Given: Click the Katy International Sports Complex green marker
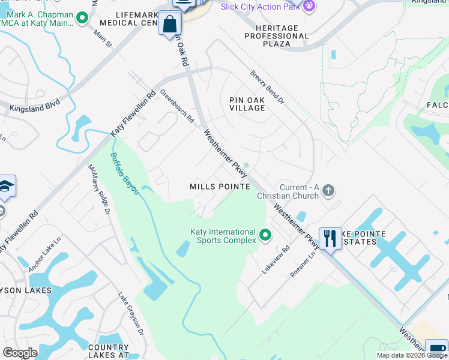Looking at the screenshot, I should coord(265,234).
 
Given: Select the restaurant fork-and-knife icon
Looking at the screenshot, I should coord(330,238).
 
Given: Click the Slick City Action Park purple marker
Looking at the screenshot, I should coord(309,6).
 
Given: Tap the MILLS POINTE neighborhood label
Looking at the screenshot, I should coord(220,187).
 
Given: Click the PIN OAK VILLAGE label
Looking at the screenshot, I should coord(247,104).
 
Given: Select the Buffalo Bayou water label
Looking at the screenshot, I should coord(125,173).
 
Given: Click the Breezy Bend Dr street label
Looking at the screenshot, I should coord(267,88).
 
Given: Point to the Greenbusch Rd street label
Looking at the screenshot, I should coord(177,106).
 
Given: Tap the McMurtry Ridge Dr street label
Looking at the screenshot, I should coord(99,190).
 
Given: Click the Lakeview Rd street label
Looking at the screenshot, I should coord(276,259).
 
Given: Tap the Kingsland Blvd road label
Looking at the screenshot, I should coord(35,108).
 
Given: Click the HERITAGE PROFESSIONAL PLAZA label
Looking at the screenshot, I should coord(277,36).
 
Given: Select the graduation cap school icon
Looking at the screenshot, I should coord(6,187).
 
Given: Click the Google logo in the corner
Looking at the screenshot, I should coord(20,352).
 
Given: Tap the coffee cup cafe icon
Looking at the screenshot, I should coord(436,350).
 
